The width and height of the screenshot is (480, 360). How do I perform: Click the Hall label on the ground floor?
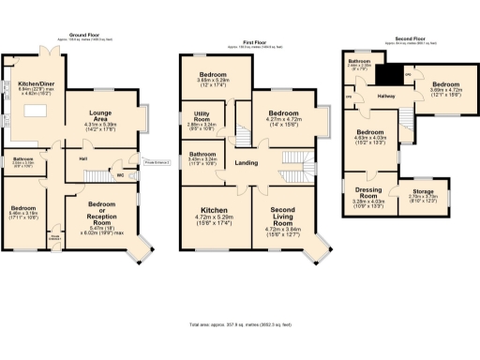pos(84,158)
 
